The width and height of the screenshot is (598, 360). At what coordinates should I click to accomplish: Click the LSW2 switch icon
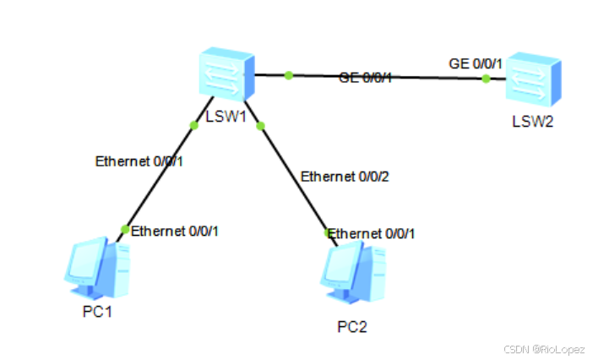[533, 82]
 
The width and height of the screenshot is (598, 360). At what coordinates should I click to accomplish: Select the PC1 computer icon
[97, 267]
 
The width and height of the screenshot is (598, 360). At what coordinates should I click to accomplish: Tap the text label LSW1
[226, 117]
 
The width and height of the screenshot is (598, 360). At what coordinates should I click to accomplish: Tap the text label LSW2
[533, 121]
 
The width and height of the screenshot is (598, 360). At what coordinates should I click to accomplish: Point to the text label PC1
[97, 312]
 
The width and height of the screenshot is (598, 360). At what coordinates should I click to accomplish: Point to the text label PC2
[352, 326]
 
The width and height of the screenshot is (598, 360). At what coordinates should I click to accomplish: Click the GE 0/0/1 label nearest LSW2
[476, 63]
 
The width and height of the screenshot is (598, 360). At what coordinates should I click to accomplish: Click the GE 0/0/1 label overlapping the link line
[366, 78]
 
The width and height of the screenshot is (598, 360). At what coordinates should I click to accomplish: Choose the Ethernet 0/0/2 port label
[345, 177]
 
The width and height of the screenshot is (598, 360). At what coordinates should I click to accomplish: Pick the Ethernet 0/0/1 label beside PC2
[372, 233]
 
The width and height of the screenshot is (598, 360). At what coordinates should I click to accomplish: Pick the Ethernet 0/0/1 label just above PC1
[179, 229]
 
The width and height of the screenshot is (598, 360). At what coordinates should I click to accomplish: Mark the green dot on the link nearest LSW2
[486, 79]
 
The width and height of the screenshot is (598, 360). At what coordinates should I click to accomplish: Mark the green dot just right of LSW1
[289, 76]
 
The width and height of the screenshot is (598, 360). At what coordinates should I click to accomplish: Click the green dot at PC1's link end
[126, 229]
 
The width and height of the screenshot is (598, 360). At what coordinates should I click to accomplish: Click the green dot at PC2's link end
[328, 232]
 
